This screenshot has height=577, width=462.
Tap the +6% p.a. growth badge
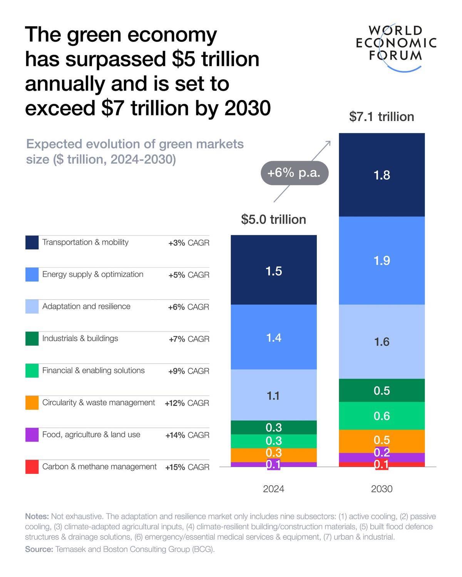(294, 173)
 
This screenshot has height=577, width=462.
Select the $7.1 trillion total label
(381, 117)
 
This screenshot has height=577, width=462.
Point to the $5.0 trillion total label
(273, 219)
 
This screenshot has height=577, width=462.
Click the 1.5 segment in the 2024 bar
(274, 271)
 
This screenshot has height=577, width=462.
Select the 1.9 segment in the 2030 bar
(382, 260)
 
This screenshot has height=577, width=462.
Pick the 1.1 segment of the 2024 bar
(274, 395)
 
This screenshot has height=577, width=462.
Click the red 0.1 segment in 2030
(382, 464)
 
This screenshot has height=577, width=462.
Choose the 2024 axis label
(273, 489)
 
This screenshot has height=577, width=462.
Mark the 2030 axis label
(382, 489)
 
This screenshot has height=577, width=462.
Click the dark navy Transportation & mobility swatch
(32, 243)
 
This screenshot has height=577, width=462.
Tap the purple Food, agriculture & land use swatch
(32, 435)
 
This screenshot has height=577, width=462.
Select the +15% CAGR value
(187, 467)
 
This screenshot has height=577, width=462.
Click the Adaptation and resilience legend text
(86, 306)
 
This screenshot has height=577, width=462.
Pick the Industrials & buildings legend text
(80, 339)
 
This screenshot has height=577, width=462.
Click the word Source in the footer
(39, 549)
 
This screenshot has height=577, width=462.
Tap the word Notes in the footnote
(37, 516)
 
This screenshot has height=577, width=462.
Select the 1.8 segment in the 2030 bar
(382, 175)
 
